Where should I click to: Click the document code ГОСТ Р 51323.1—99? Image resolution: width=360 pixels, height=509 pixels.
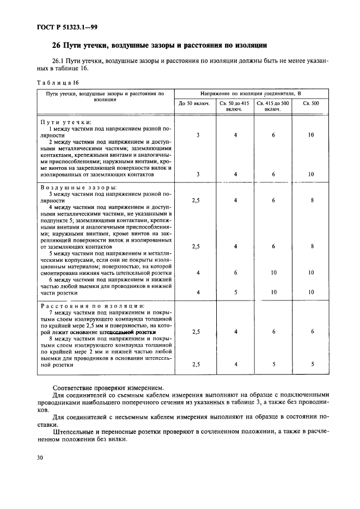click(x=67, y=26)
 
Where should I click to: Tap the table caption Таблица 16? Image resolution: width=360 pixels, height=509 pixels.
click(x=58, y=82)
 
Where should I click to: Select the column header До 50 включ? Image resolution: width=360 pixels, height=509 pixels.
click(x=190, y=103)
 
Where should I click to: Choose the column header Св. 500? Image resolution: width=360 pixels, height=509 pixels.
click(x=311, y=103)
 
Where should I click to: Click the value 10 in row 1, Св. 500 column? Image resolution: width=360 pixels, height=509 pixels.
click(x=311, y=135)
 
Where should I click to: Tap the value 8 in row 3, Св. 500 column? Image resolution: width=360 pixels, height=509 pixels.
click(x=311, y=200)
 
